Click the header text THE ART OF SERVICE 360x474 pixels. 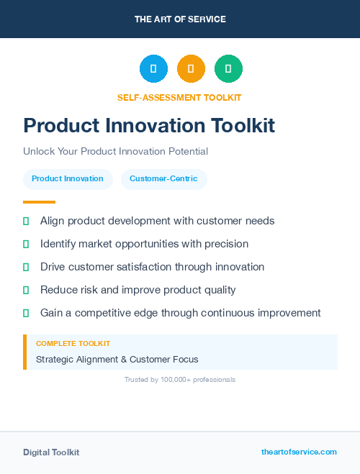pyautogui.click(x=180, y=19)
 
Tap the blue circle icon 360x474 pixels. pyautogui.click(x=153, y=68)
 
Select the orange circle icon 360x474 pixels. pyautogui.click(x=191, y=68)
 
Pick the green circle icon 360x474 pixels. pyautogui.click(x=228, y=68)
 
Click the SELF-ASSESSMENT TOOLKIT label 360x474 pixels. pyautogui.click(x=179, y=97)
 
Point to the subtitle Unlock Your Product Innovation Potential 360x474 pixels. pyautogui.click(x=115, y=152)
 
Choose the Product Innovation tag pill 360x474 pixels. pyautogui.click(x=68, y=179)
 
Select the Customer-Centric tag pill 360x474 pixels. pyautogui.click(x=163, y=179)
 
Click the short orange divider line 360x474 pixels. pyautogui.click(x=39, y=202)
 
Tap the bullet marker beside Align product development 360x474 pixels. pyautogui.click(x=26, y=221)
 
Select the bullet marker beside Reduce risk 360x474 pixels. pyautogui.click(x=26, y=290)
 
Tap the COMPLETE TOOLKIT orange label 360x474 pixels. pyautogui.click(x=73, y=344)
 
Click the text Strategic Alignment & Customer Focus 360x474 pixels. pyautogui.click(x=117, y=359)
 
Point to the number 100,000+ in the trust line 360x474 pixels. pyautogui.click(x=170, y=380)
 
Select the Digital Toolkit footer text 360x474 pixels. pyautogui.click(x=51, y=452)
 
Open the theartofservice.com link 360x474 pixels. pyautogui.click(x=299, y=452)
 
